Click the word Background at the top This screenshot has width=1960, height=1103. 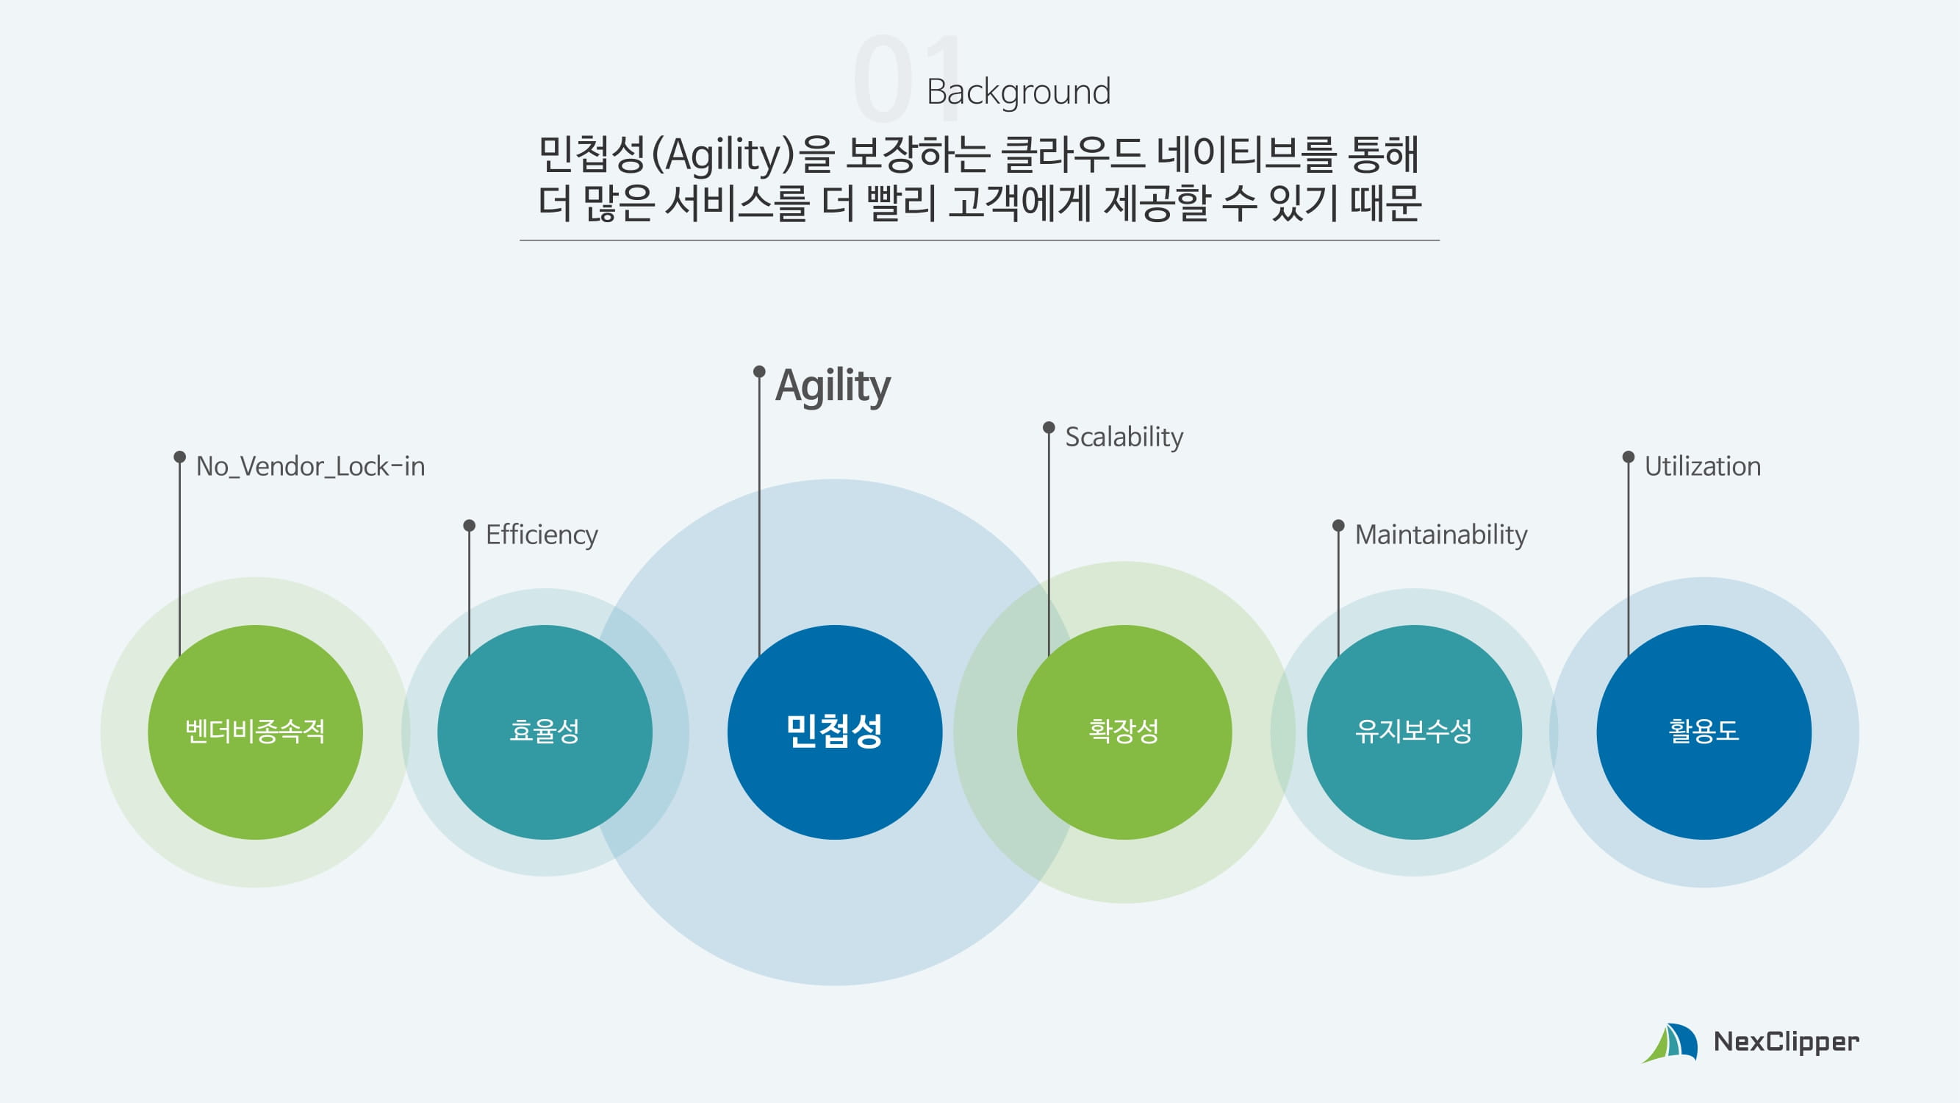click(x=1018, y=92)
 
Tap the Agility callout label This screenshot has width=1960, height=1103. click(x=833, y=385)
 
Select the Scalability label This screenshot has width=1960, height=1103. click(x=1124, y=437)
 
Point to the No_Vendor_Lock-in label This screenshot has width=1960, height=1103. click(x=310, y=466)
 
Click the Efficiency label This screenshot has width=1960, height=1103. click(x=542, y=535)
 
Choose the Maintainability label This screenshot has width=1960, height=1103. click(x=1440, y=535)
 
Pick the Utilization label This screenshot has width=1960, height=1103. click(x=1702, y=466)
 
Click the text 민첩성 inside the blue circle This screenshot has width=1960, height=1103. click(x=834, y=732)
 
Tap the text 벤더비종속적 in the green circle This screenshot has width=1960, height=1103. click(x=255, y=732)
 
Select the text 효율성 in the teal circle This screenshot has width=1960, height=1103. click(x=544, y=732)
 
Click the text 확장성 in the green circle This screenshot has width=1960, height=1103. click(x=1124, y=732)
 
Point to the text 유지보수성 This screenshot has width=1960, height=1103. click(x=1414, y=732)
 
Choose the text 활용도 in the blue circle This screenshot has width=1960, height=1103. click(x=1704, y=732)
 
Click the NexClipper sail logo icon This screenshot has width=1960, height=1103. click(x=1670, y=1042)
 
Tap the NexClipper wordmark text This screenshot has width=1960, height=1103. click(x=1786, y=1042)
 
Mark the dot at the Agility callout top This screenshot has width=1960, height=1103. click(x=758, y=371)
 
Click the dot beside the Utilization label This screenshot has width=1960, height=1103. click(x=1629, y=457)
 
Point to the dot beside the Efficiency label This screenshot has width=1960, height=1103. click(x=470, y=525)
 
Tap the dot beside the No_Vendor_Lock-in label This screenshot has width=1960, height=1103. click(x=179, y=457)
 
